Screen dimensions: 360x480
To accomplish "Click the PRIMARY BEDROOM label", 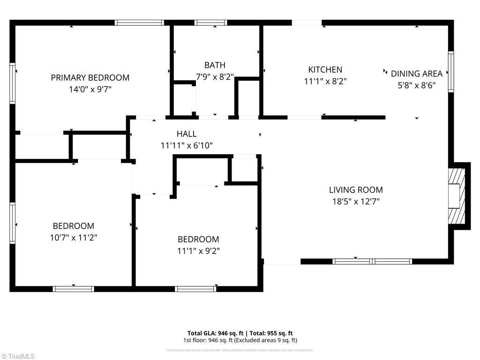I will coord(90,77).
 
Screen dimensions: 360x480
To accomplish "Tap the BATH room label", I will coord(215,65).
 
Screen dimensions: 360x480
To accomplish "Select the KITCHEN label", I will coord(325,69).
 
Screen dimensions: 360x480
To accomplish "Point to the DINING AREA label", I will coord(416,74).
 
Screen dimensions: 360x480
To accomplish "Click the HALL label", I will coord(187,134).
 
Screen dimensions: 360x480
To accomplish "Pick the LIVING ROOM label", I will coord(356,190).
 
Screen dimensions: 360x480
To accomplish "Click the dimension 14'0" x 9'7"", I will coord(90,89).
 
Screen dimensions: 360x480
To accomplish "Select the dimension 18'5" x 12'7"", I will coord(356,202).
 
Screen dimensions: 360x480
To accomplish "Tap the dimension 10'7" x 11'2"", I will coord(73,238).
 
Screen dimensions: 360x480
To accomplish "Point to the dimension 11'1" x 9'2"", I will coord(198,251).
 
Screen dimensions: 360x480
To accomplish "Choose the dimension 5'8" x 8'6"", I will coord(416,85).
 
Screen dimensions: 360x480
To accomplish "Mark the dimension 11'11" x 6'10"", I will coord(187,146).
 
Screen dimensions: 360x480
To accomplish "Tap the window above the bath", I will coord(210,22).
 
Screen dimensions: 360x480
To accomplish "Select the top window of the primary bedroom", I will coord(139,22).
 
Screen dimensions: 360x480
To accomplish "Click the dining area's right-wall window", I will coord(451,71).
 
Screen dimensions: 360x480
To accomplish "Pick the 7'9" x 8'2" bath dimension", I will coord(215,77).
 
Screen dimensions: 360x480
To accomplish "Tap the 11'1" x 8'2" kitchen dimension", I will coord(325,81).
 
